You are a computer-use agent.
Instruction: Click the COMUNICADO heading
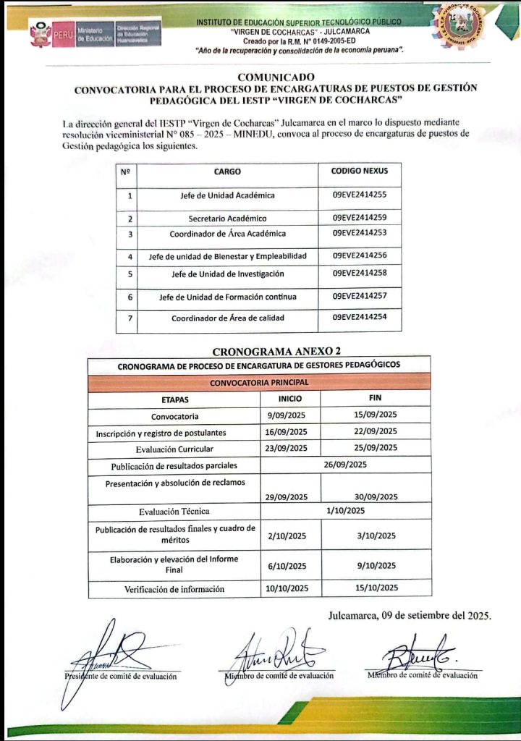[276, 77]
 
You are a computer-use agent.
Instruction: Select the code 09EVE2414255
[360, 195]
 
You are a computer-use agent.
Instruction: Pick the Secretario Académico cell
[227, 218]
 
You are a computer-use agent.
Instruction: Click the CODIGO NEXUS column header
[360, 172]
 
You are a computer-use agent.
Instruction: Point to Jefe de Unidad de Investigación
[227, 274]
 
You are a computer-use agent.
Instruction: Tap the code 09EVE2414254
[360, 318]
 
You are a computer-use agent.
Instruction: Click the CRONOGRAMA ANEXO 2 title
[260, 351]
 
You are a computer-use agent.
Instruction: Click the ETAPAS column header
[174, 399]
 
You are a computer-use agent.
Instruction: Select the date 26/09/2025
[347, 465]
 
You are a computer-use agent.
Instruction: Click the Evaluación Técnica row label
[174, 511]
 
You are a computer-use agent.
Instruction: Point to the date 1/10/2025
[347, 511]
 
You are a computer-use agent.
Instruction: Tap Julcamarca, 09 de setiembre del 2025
[410, 617]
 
